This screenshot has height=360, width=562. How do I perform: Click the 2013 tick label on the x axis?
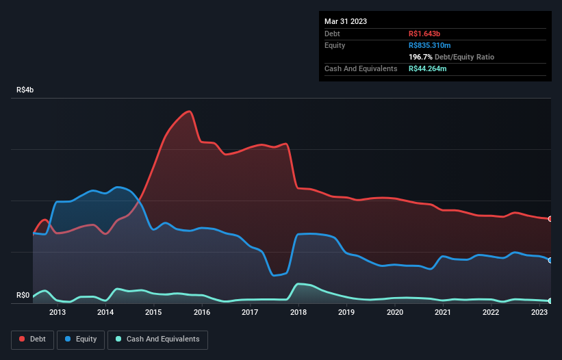tap(58, 313)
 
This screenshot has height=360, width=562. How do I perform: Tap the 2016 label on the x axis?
tap(202, 313)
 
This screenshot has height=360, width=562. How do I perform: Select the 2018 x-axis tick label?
tap(298, 313)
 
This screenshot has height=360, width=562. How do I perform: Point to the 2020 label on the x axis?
tap(395, 313)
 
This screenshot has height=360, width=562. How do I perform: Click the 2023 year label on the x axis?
tap(539, 313)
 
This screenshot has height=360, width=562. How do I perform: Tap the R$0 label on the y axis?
tap(22, 296)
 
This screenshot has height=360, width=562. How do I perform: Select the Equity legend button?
tap(81, 339)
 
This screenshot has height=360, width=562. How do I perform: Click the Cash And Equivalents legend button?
tap(157, 339)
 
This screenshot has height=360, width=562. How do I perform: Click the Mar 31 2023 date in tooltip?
tap(346, 21)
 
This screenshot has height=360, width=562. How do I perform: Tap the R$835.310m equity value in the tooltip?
tap(430, 45)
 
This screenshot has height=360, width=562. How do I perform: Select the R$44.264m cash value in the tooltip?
tap(428, 68)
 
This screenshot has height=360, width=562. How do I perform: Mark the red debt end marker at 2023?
tap(550, 219)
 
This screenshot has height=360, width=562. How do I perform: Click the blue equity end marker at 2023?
tap(550, 260)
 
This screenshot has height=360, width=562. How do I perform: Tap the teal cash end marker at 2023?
tap(550, 301)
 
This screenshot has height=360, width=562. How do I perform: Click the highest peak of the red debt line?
tap(189, 111)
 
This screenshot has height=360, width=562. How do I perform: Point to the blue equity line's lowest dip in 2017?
tap(274, 276)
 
